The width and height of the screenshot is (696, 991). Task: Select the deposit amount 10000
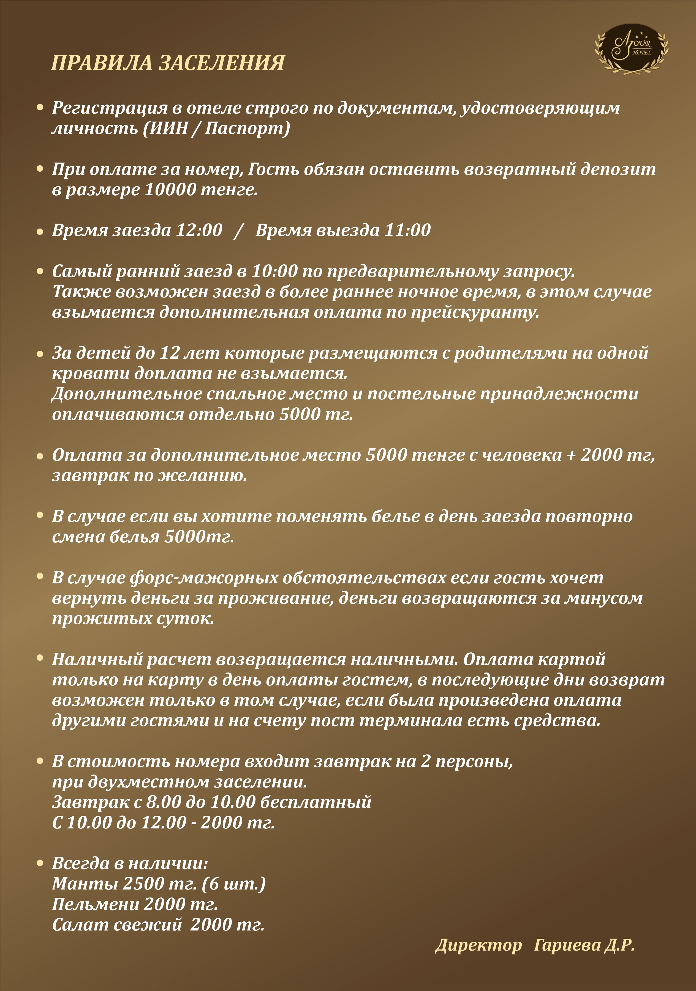[x=170, y=190]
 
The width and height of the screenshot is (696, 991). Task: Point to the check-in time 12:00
[x=199, y=230]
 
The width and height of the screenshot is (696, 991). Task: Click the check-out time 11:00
[x=407, y=230]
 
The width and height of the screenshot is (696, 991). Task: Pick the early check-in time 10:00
[x=274, y=271]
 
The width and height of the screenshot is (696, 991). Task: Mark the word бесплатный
[x=316, y=802]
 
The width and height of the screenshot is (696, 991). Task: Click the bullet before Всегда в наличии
[x=40, y=863]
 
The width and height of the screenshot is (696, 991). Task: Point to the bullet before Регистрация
[x=40, y=108]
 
